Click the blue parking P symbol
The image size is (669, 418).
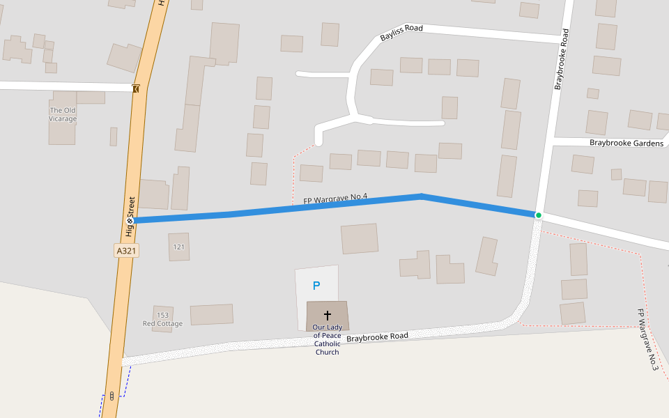tap(316, 286)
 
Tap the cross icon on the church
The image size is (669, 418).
tap(328, 316)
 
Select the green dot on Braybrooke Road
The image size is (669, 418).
tap(538, 215)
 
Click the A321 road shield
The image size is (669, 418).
tap(126, 250)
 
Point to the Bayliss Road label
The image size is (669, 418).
tap(401, 33)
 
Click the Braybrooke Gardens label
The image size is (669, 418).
tap(626, 143)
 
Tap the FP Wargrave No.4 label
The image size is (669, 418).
tap(335, 199)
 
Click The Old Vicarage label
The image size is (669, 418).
tap(63, 114)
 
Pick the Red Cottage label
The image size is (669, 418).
tap(162, 324)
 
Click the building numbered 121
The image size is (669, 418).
tap(179, 247)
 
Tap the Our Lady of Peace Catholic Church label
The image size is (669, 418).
tap(327, 340)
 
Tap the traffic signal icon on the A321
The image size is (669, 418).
tap(111, 396)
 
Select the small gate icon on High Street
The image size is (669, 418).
tap(135, 88)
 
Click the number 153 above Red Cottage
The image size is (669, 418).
tap(162, 315)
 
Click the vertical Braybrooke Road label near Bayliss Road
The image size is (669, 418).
tap(562, 59)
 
